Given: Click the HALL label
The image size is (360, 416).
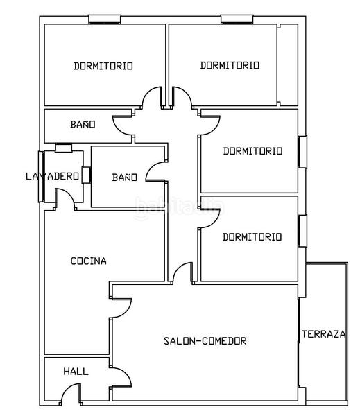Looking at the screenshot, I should point(76,372).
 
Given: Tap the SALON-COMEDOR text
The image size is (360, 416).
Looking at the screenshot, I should point(205,341).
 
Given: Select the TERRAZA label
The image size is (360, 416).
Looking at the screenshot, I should point(323,334).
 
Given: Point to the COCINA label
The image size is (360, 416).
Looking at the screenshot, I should point(89,261).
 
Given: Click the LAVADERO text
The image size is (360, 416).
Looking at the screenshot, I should point(52,176).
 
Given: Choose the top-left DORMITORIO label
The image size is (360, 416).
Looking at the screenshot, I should point(103,66).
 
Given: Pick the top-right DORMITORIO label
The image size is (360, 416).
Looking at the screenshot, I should point(230,65).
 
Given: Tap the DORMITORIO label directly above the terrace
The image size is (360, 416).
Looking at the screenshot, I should point(252,237).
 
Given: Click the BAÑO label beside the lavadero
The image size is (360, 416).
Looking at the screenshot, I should point(125,177).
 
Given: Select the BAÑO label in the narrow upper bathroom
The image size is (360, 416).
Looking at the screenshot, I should point(83,125).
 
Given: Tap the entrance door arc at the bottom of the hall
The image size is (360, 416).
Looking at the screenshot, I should point(70,395).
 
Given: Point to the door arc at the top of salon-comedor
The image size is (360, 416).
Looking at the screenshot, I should point(182,273).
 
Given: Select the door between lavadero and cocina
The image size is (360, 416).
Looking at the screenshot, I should point(66,200).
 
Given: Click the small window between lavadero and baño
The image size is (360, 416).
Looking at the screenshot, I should point(86,174).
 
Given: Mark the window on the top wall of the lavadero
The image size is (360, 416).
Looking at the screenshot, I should point(63,148).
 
